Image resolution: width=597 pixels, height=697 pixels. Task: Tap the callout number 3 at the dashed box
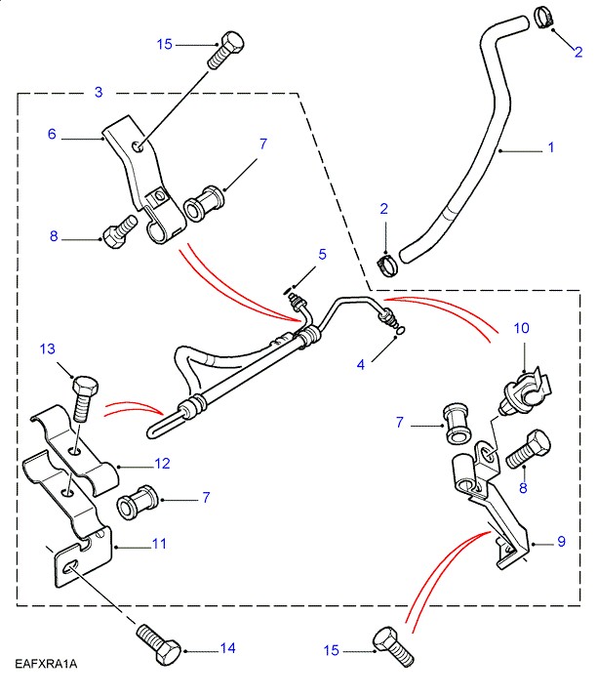tap(99, 92)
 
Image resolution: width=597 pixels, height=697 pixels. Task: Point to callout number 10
tap(361, 365)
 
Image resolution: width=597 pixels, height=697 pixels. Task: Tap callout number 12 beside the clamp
tap(162, 463)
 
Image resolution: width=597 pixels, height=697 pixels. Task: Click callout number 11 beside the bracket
tap(157, 543)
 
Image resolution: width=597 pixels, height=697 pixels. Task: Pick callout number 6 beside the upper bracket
tap(53, 134)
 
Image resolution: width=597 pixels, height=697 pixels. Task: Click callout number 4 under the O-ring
tap(361, 365)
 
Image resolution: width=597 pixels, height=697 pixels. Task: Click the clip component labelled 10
tap(522, 389)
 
